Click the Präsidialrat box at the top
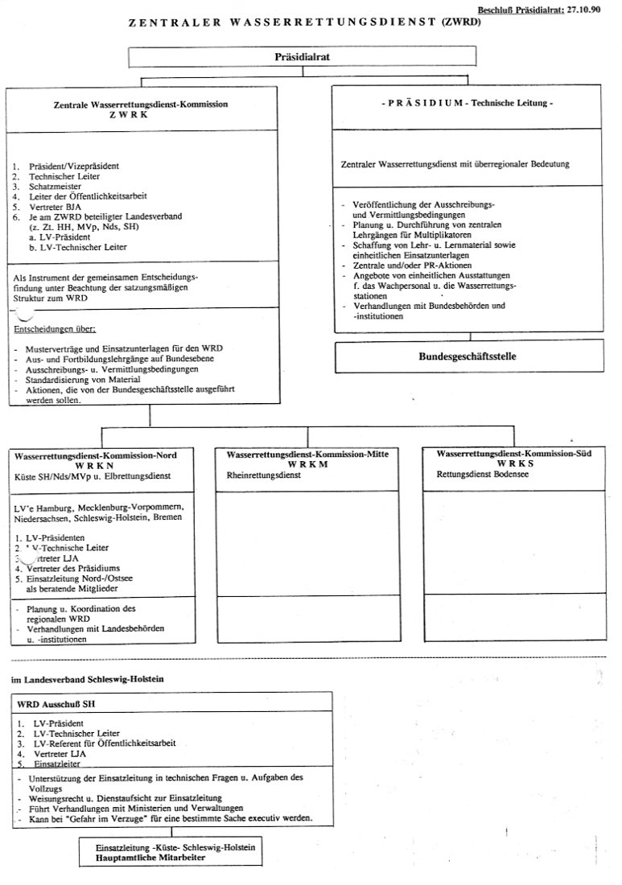pyautogui.click(x=303, y=57)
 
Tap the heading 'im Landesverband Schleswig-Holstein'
pyautogui.click(x=87, y=680)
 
